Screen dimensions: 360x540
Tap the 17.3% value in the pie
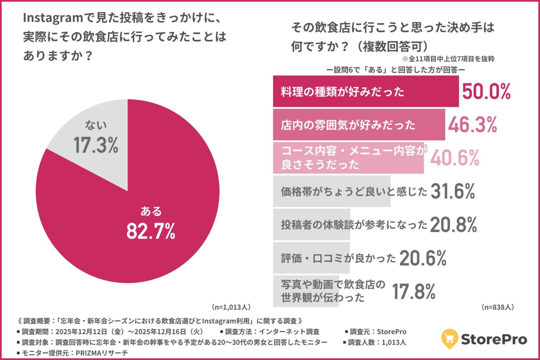(x=96, y=145)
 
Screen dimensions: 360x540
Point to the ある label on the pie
(x=151, y=211)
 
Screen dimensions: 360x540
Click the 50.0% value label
(x=486, y=91)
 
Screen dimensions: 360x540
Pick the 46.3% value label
(x=473, y=125)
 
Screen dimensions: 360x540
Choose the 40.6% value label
(x=455, y=158)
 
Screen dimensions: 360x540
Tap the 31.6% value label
(x=453, y=191)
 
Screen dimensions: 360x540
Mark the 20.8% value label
(x=454, y=225)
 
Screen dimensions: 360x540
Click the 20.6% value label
(x=423, y=258)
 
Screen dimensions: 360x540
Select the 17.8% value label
(x=414, y=292)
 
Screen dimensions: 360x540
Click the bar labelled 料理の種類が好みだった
(x=365, y=91)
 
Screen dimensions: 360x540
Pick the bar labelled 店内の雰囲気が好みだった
(x=359, y=125)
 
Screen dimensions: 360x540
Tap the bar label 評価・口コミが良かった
(x=338, y=258)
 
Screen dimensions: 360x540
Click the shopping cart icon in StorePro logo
(x=449, y=338)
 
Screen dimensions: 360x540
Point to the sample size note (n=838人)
(x=498, y=307)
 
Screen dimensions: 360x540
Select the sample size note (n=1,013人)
(x=231, y=307)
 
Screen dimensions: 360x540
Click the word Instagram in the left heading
(x=53, y=18)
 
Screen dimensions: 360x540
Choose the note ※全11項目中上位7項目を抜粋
(x=448, y=59)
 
